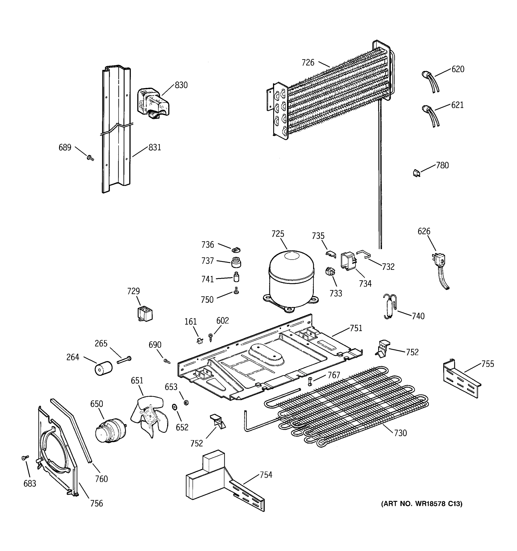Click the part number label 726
pos(308,63)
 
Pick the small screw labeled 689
pos(90,158)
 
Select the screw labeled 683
pos(25,458)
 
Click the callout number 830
pos(181,85)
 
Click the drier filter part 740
pos(390,306)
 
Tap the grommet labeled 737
pos(236,262)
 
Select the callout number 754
pos(266,475)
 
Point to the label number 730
pos(400,433)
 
